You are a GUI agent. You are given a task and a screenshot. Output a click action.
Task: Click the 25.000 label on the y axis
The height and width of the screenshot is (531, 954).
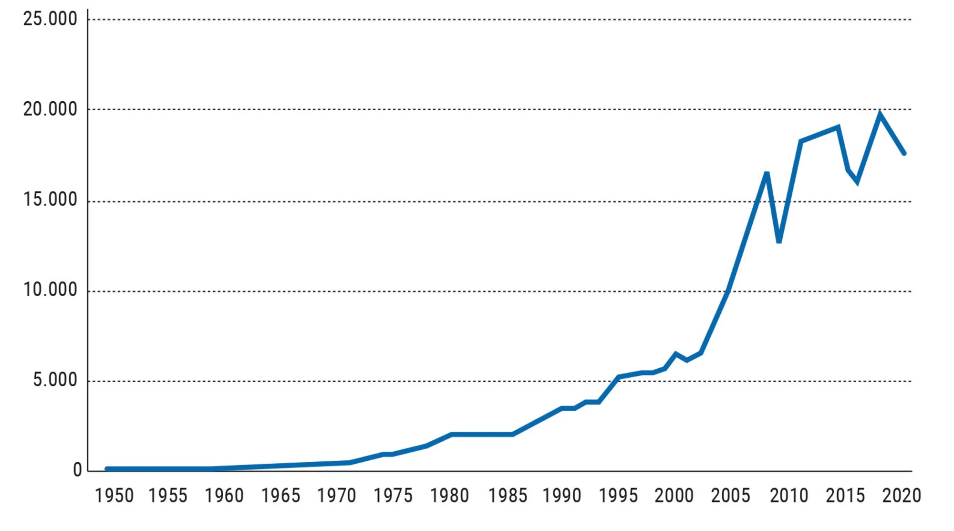pyautogui.click(x=50, y=19)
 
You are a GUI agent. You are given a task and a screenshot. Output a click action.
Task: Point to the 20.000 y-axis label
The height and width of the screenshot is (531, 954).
pyautogui.click(x=50, y=109)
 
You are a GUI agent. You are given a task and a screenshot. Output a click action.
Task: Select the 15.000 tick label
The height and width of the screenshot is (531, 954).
pyautogui.click(x=50, y=200)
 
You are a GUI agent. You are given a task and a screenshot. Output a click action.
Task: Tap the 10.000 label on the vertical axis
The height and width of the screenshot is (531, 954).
pyautogui.click(x=50, y=290)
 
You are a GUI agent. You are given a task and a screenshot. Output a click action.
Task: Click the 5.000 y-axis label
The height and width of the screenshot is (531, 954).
pyautogui.click(x=55, y=380)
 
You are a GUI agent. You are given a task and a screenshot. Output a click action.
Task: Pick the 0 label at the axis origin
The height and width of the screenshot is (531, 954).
pyautogui.click(x=77, y=470)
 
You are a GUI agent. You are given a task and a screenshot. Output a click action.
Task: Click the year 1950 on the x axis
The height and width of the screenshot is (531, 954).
pyautogui.click(x=114, y=496)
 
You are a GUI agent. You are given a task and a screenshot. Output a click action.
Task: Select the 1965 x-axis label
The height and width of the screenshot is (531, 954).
pyautogui.click(x=280, y=496)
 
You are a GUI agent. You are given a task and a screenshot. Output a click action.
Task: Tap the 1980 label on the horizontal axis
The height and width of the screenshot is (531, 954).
pyautogui.click(x=449, y=496)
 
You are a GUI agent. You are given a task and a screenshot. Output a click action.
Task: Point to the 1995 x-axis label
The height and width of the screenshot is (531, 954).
pyautogui.click(x=618, y=496)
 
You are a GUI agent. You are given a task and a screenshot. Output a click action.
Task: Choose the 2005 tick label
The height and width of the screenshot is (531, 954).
pyautogui.click(x=730, y=496)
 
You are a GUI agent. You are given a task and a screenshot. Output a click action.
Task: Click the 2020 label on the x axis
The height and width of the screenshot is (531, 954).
pyautogui.click(x=901, y=496)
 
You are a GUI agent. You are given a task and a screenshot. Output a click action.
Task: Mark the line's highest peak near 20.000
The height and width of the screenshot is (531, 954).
pyautogui.click(x=880, y=114)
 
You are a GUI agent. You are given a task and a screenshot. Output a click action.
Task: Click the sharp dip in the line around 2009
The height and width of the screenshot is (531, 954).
pyautogui.click(x=779, y=242)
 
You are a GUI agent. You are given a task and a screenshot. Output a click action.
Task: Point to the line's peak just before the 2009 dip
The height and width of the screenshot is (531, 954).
pyautogui.click(x=767, y=173)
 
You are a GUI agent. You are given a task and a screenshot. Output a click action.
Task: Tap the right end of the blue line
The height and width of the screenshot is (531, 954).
pyautogui.click(x=904, y=153)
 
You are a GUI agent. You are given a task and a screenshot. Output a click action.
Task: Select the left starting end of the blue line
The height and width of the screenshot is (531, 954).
pyautogui.click(x=107, y=469)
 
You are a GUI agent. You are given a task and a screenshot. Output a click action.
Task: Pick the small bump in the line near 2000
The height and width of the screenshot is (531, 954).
pyautogui.click(x=675, y=354)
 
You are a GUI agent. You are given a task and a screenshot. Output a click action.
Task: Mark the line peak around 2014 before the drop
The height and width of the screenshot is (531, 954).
pyautogui.click(x=838, y=127)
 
